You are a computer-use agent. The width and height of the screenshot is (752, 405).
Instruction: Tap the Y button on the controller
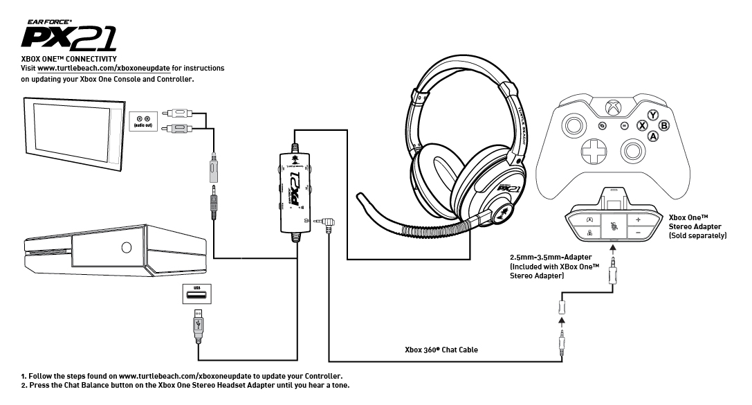pyautogui.click(x=652, y=115)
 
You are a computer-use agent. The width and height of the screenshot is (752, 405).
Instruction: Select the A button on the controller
pyautogui.click(x=652, y=136)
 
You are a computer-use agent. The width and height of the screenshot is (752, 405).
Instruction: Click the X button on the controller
pyautogui.click(x=641, y=126)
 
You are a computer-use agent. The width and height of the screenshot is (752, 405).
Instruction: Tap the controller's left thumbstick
pyautogui.click(x=573, y=126)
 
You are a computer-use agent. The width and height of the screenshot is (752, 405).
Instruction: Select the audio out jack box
pyautogui.click(x=144, y=123)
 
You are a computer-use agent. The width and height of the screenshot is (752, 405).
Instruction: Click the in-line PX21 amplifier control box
pyautogui.click(x=297, y=195)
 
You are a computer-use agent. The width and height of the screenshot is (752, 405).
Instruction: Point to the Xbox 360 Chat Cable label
pyautogui.click(x=441, y=350)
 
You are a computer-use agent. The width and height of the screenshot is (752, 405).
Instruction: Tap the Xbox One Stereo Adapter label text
pyautogui.click(x=697, y=226)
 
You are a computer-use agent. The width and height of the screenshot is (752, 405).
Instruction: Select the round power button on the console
pyautogui.click(x=126, y=247)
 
